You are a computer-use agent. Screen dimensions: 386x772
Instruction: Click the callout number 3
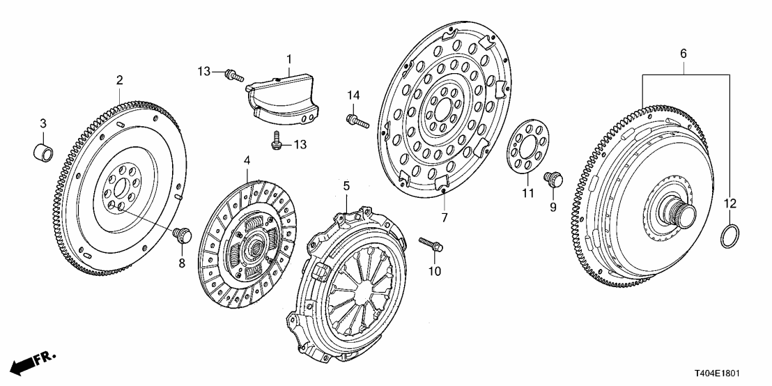click(43, 123)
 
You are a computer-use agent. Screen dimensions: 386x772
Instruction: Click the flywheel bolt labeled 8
click(182, 235)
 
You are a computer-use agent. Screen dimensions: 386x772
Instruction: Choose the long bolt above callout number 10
click(431, 245)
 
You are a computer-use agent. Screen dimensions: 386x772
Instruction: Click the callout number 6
click(683, 53)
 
